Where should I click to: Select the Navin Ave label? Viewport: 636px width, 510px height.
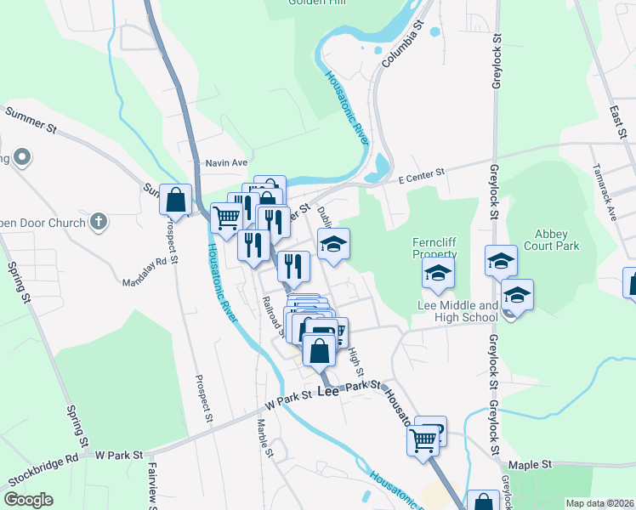point(225,162)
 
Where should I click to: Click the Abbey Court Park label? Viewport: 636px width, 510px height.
point(557,240)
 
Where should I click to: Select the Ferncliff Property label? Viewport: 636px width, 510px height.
point(434,247)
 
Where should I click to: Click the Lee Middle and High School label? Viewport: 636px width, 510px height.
point(457,311)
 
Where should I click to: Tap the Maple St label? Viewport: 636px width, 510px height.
point(531,465)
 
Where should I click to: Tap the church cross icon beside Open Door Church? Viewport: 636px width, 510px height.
point(99,223)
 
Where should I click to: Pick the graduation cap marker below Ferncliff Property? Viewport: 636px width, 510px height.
point(438,272)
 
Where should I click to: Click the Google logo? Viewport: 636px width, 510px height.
point(29,500)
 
